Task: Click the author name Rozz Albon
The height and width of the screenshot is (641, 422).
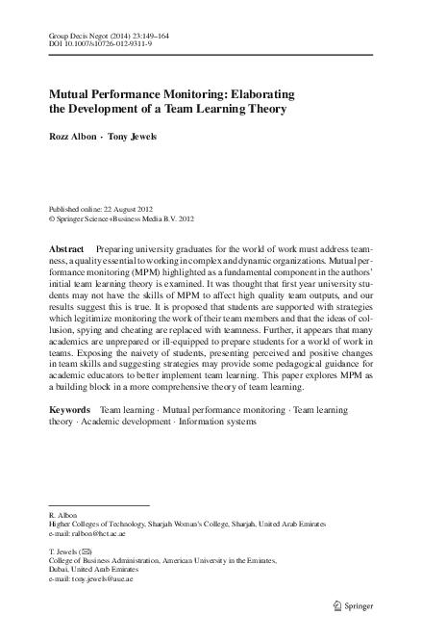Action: (72, 137)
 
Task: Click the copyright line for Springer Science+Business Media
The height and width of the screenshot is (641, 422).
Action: (121, 218)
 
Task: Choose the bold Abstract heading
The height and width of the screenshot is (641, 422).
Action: (71, 248)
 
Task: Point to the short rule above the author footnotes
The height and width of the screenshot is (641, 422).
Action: (99, 504)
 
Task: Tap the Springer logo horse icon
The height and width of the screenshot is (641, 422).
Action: (336, 605)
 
